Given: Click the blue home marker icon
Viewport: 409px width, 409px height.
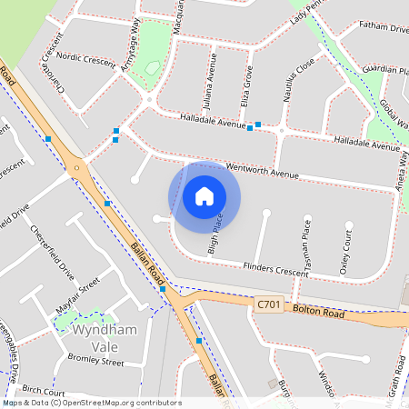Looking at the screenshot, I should click(x=204, y=196).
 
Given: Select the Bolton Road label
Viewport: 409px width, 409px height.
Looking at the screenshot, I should click(x=318, y=312).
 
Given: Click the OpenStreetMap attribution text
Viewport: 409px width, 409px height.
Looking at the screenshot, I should click(x=92, y=403).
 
